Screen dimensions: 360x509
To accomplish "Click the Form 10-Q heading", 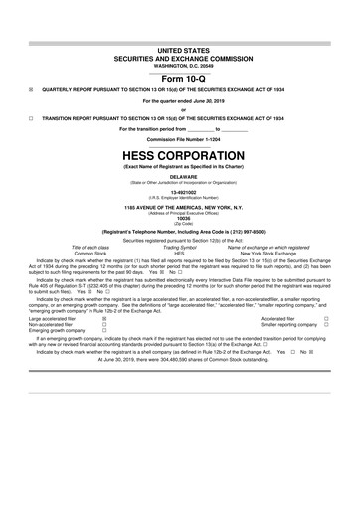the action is [179, 78].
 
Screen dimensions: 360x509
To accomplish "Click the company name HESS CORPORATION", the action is [179, 155].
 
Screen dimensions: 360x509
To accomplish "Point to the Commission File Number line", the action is [179, 138].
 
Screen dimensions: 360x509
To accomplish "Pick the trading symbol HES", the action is [179, 254].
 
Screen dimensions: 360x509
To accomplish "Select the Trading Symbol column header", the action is [179, 247].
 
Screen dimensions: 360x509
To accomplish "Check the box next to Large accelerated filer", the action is [105, 318].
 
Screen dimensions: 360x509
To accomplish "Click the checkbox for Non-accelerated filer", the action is [105, 324].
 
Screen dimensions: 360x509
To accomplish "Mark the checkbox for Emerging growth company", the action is [105, 331].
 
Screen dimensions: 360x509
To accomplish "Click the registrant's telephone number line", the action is [179, 231].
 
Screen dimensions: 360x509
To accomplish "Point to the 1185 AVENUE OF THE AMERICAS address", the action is [179, 206].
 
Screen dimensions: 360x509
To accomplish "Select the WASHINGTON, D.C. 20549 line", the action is [179, 62].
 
